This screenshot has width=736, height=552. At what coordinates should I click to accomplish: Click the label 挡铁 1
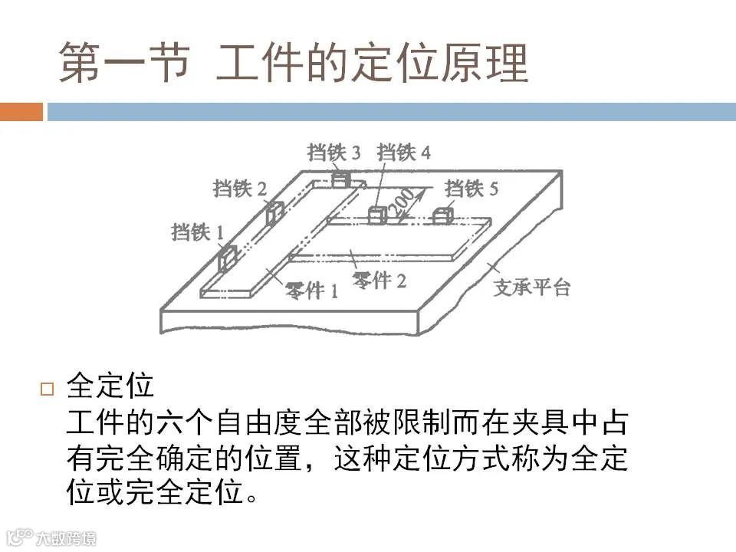click(x=198, y=231)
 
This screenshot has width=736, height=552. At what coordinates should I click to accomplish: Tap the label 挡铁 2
click(x=240, y=188)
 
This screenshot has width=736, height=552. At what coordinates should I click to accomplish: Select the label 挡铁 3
click(x=333, y=152)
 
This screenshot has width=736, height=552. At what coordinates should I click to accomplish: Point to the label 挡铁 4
click(x=404, y=152)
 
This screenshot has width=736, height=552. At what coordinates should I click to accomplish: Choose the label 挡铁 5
click(x=472, y=188)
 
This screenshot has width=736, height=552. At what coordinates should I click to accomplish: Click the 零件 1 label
click(x=312, y=290)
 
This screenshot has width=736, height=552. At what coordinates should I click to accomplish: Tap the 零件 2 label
click(x=379, y=280)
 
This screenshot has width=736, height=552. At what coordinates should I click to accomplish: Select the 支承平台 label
click(x=531, y=288)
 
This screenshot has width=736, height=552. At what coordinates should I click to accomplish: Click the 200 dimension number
click(x=401, y=202)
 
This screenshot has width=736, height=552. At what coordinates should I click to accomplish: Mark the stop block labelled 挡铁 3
click(x=340, y=180)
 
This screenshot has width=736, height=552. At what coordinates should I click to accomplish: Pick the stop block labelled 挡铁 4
click(x=376, y=215)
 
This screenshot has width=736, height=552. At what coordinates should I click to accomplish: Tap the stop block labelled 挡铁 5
click(x=442, y=215)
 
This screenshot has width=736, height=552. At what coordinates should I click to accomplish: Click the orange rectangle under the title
click(x=21, y=112)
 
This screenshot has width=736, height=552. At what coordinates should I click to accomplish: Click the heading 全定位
click(x=110, y=386)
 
